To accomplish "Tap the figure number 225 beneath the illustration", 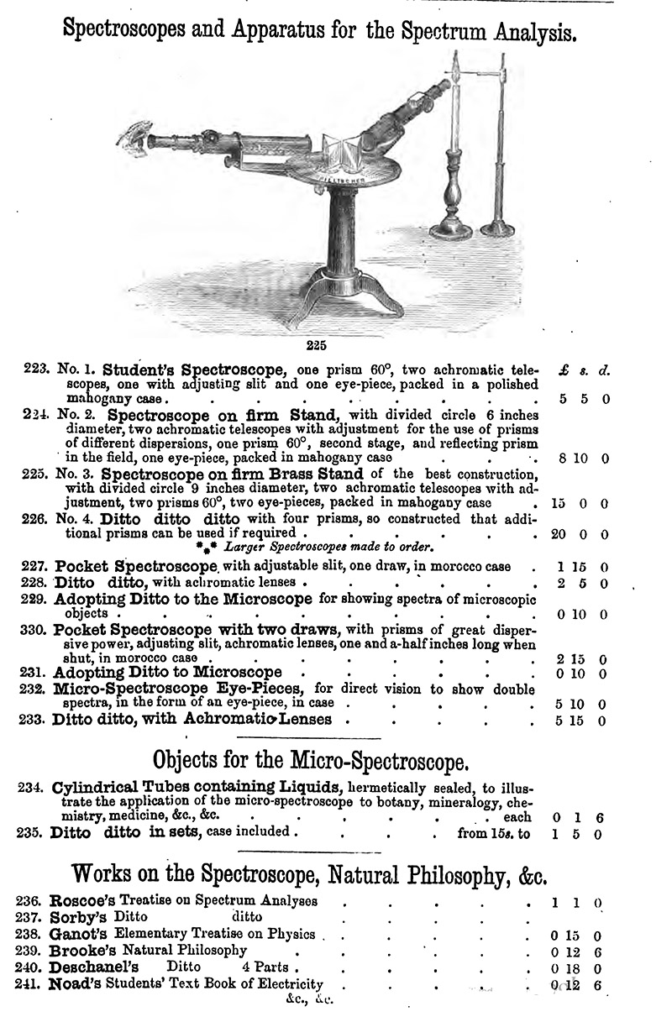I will click(x=316, y=344).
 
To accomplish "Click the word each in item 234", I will click(x=517, y=816).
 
